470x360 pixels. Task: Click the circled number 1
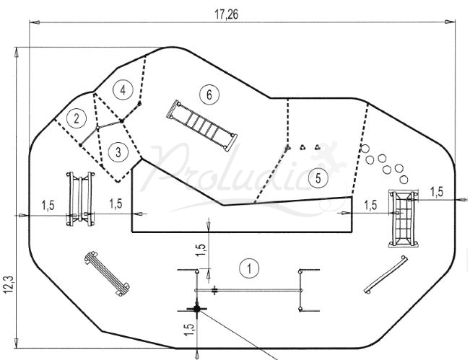(249, 268)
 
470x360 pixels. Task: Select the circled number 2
(77, 119)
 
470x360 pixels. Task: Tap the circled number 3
(118, 152)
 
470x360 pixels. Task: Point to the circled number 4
(123, 90)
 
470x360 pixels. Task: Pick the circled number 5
(318, 178)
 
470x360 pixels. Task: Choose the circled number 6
(209, 95)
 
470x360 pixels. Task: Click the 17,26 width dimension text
(227, 14)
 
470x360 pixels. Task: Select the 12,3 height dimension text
(9, 284)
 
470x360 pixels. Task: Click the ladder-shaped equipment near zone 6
(202, 126)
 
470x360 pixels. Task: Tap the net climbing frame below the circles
(404, 219)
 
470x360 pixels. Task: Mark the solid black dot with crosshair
(196, 308)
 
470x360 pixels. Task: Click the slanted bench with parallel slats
(107, 273)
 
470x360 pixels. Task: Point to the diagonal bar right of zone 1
(386, 275)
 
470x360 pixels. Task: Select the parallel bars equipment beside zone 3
(80, 199)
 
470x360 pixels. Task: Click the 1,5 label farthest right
(437, 192)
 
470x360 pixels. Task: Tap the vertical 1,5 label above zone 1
(201, 250)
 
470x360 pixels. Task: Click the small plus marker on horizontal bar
(214, 290)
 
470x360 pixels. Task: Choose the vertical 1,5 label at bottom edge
(190, 330)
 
